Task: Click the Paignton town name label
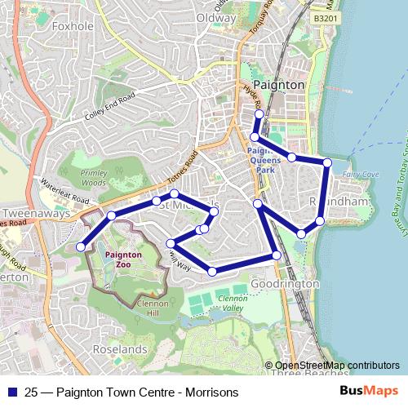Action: point(279,85)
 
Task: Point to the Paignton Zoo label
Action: point(124,259)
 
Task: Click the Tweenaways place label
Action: point(28,208)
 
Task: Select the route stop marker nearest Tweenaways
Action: point(81,247)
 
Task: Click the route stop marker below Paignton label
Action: point(259,114)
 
